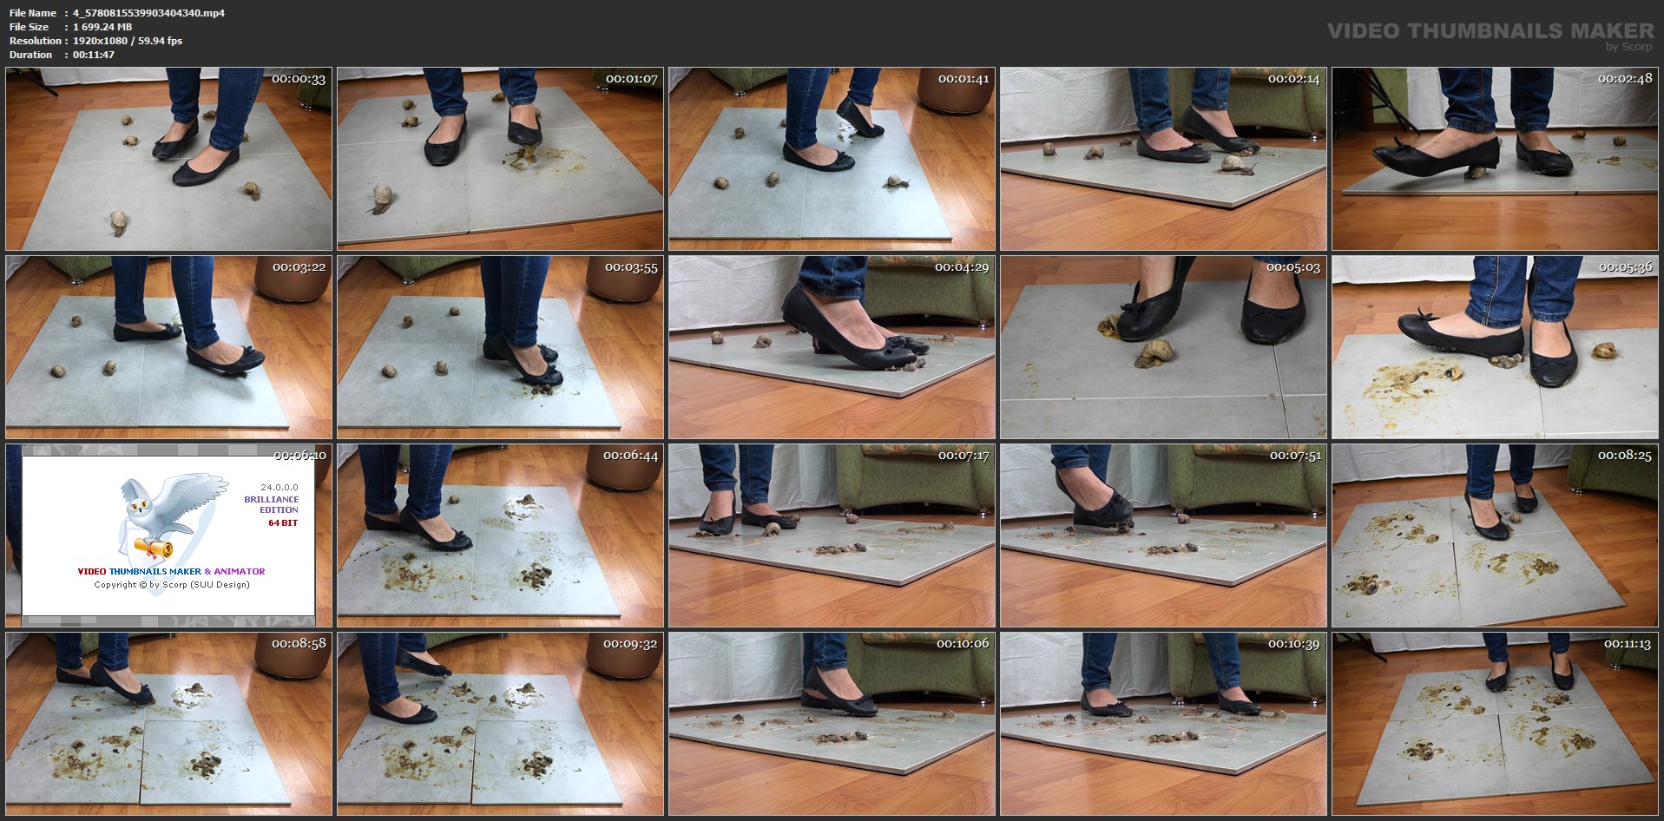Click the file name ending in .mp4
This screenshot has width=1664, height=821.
(148, 13)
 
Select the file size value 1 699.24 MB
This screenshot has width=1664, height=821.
(102, 27)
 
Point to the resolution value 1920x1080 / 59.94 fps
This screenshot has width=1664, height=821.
(128, 41)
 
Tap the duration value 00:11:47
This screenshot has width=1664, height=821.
(94, 55)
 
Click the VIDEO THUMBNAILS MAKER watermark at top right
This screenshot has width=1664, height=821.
(1490, 31)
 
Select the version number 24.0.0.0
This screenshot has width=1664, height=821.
(280, 488)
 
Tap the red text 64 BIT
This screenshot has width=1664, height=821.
(283, 523)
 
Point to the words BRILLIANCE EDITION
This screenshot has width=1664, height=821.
(272, 504)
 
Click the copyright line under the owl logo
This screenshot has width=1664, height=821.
(172, 585)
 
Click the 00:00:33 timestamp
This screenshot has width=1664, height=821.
(299, 79)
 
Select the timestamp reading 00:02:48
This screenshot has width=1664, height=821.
(1625, 79)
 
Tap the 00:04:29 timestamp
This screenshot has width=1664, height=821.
(962, 267)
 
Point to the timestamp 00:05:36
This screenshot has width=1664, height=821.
(1625, 267)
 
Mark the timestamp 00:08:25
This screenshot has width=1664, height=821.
(1625, 456)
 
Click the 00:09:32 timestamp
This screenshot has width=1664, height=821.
(631, 644)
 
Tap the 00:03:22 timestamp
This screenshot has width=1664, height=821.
(299, 267)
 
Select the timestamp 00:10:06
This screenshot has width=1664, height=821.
(963, 644)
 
